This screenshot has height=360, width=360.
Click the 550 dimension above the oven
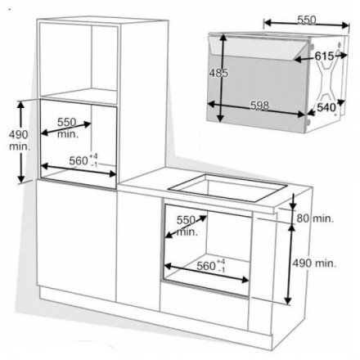[306, 20]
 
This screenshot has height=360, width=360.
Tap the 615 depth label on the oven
[324, 56]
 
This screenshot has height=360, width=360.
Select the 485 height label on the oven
[218, 73]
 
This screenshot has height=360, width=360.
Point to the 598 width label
[260, 106]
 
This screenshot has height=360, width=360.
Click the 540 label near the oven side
[326, 107]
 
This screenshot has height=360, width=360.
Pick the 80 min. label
[315, 218]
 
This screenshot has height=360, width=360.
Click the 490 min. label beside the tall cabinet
[19, 141]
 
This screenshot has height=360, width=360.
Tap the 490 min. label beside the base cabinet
[314, 263]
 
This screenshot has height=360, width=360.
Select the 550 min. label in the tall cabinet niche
[67, 128]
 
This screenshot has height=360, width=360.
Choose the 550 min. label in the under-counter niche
[187, 226]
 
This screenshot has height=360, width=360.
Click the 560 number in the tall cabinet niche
[79, 161]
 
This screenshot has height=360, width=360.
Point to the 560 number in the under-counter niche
[206, 266]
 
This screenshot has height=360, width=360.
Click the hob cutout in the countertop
[227, 187]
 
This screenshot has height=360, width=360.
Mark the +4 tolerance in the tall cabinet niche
[93, 156]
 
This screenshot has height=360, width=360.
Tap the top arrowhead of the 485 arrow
[223, 38]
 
